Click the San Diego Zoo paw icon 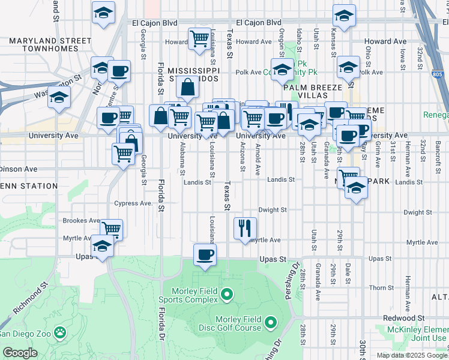(x=60, y=332)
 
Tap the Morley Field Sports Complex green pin (x=226, y=294)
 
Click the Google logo (x=20, y=353)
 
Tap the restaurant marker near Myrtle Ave (x=246, y=228)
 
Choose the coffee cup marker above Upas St (x=204, y=254)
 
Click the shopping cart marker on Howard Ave (x=199, y=39)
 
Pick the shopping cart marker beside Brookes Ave (x=112, y=229)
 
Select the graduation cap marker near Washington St (x=59, y=97)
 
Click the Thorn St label (x=381, y=288)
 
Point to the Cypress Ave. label (x=133, y=203)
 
